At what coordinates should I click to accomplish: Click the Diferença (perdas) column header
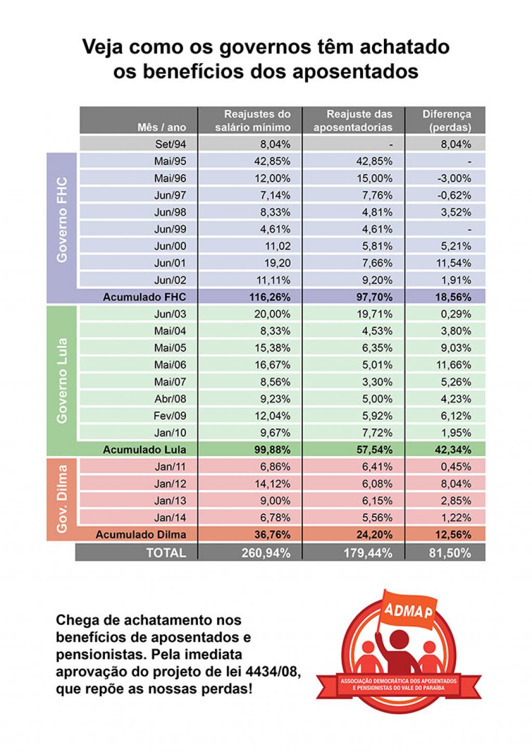(446, 120)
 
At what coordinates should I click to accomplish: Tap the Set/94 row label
(170, 144)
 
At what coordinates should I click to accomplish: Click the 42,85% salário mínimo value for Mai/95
(272, 161)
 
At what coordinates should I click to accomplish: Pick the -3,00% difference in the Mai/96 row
(454, 178)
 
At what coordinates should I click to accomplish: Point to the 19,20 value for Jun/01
(277, 263)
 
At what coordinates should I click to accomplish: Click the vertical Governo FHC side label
(62, 220)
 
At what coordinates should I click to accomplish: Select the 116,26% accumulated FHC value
(270, 297)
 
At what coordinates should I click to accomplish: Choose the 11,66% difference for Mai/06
(454, 365)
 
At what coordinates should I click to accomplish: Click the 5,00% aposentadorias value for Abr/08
(377, 399)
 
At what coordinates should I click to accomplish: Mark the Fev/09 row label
(169, 416)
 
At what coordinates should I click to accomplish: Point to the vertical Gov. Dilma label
(62, 499)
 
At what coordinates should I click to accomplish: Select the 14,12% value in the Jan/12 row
(272, 484)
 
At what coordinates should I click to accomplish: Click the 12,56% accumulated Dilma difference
(454, 535)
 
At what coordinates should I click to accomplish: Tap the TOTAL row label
(166, 553)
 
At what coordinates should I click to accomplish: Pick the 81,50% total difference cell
(450, 553)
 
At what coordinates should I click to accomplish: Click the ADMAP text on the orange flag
(408, 611)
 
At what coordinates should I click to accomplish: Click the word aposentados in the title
(356, 71)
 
